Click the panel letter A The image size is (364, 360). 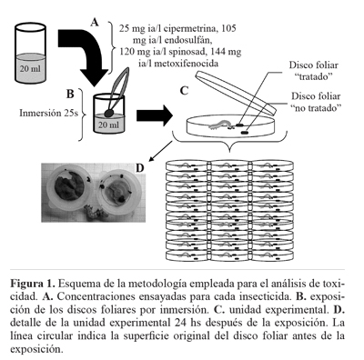click(x=95, y=22)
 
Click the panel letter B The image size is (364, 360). click(x=70, y=94)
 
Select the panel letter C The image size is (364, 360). click(x=185, y=91)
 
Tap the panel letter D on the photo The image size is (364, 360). click(x=139, y=167)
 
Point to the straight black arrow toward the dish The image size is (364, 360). click(x=155, y=115)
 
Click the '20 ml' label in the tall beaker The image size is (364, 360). click(x=30, y=69)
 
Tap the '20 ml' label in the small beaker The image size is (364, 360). click(x=108, y=125)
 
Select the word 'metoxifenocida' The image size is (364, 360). click(x=191, y=64)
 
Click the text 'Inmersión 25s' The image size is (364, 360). click(x=49, y=113)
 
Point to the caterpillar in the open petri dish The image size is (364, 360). click(x=219, y=125)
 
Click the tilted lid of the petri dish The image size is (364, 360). click(x=236, y=93)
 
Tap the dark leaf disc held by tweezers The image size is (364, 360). click(x=108, y=113)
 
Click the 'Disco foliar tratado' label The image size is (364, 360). click(x=313, y=71)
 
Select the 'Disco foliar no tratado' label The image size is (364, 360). click(x=316, y=102)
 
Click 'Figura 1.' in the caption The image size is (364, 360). click(x=33, y=285)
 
